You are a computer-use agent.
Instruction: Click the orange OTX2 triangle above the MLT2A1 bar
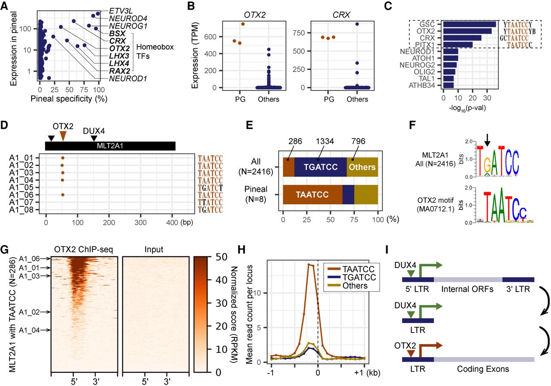pos(63,136)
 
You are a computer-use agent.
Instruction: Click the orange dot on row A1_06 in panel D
pos(63,195)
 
